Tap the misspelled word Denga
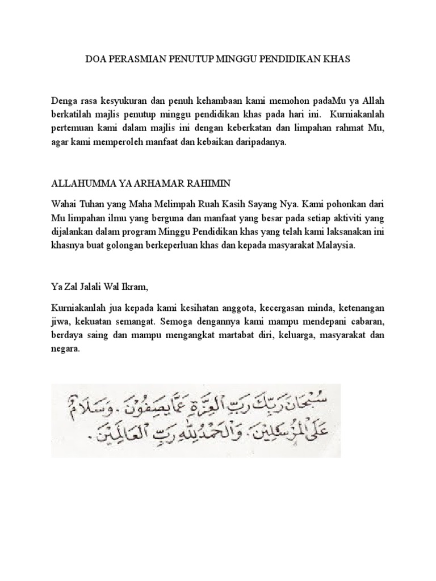click(x=64, y=101)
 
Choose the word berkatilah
click(x=73, y=115)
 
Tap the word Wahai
click(x=64, y=203)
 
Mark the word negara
click(x=65, y=350)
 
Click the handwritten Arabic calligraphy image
click(x=196, y=420)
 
